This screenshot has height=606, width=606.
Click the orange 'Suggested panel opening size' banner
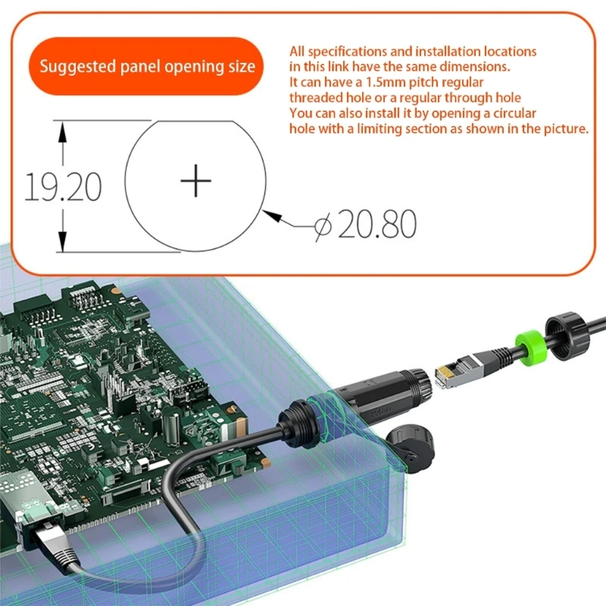point(147,67)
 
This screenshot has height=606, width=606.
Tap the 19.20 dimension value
point(64,186)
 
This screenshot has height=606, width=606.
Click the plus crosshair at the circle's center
point(196,181)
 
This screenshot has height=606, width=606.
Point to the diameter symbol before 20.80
point(323,225)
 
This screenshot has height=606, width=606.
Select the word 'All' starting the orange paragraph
point(299,52)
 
